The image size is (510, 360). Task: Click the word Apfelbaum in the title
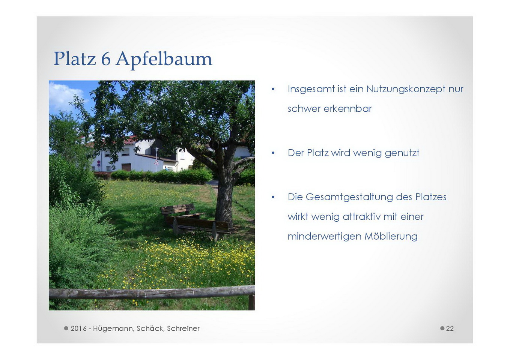coord(164,59)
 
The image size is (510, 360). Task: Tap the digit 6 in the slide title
coord(106,59)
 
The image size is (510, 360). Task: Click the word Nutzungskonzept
coord(406,89)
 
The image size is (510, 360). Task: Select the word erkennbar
coord(348,108)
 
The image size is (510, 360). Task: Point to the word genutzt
coord(402,153)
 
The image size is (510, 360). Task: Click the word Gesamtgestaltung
coord(349,197)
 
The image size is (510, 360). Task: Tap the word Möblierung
coord(391,236)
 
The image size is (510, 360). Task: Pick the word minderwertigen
coord(324,237)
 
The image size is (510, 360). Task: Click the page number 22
coord(450,328)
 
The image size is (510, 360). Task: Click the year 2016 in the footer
coord(78,328)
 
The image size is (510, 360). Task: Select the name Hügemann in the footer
coord(113,329)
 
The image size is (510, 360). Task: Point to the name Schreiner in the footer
coord(183,328)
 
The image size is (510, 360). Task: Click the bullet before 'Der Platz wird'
coord(273,153)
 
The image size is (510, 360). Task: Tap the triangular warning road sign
coord(156,162)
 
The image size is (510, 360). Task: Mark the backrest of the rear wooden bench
coord(178,209)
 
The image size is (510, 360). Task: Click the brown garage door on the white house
coord(126,167)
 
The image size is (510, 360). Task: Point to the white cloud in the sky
coord(65,96)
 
